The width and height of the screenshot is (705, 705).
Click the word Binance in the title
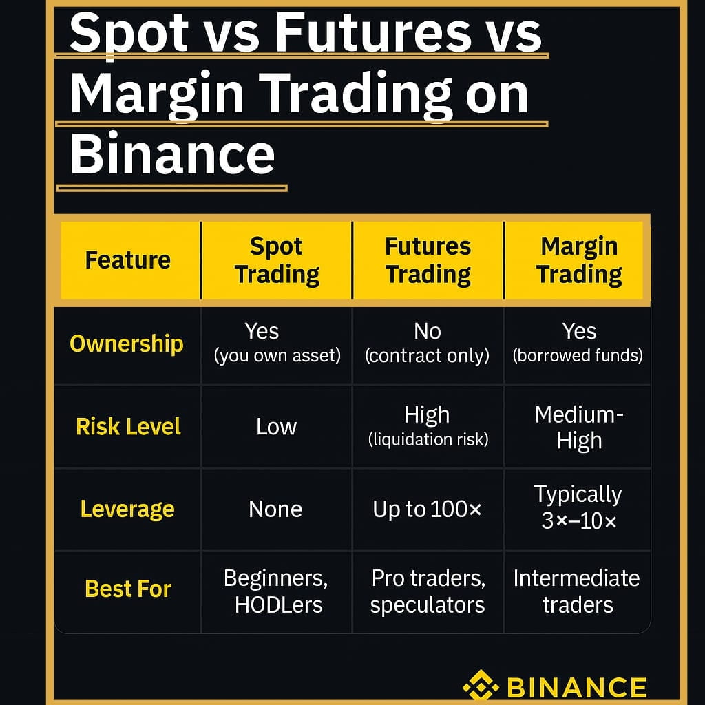(172, 154)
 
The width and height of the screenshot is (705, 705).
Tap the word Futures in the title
(373, 32)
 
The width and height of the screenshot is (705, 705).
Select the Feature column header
(128, 260)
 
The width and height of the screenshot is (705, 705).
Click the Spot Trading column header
(277, 260)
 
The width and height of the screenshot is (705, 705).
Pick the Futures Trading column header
(428, 260)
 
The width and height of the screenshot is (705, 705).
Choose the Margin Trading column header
(579, 260)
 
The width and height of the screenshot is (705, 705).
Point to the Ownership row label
(127, 344)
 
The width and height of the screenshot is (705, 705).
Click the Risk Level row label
(128, 427)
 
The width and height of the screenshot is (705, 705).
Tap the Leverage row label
(127, 509)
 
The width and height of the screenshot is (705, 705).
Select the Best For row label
(128, 589)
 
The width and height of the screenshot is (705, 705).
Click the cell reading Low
(277, 427)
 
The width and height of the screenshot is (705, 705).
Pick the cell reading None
(275, 509)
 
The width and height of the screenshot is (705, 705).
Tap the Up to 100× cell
(427, 509)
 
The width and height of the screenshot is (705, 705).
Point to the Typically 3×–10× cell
(578, 507)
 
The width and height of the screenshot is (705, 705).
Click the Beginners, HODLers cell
(277, 591)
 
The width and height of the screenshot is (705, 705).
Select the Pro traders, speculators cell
(428, 591)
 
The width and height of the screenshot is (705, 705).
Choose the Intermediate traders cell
(577, 591)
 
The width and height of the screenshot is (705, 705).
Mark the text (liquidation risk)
(428, 439)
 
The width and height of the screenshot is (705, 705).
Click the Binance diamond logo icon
(481, 686)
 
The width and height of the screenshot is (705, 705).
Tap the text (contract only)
(427, 356)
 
